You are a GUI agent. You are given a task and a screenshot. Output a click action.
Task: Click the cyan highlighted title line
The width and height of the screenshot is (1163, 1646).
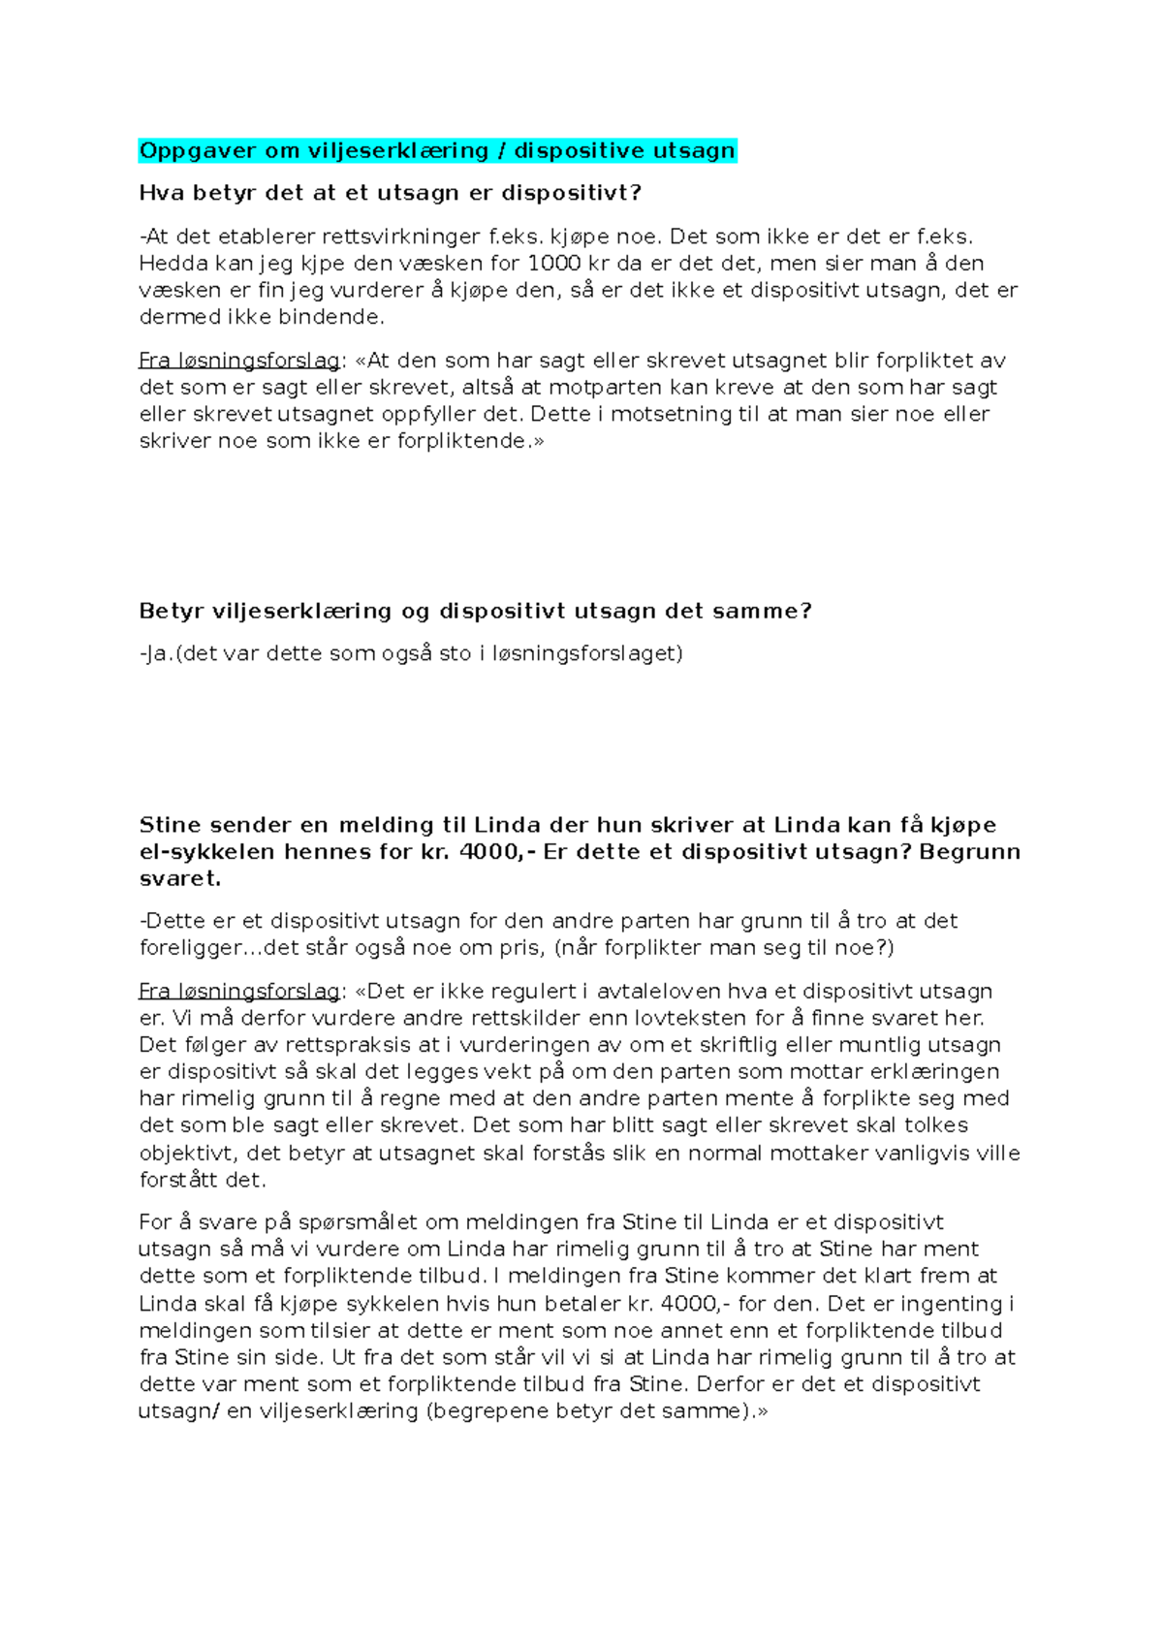[437, 151]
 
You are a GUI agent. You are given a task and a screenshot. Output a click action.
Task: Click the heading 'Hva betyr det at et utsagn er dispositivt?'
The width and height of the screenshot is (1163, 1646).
[390, 193]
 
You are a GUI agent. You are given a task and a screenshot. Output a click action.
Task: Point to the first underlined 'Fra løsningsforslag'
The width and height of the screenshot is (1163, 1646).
[238, 362]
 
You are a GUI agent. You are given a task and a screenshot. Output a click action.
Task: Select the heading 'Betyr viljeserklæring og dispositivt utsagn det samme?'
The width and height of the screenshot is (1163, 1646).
[475, 612]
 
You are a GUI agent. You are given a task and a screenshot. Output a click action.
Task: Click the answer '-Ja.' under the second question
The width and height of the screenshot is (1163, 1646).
[155, 654]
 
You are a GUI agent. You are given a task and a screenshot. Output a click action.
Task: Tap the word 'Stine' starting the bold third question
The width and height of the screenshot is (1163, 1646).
[170, 826]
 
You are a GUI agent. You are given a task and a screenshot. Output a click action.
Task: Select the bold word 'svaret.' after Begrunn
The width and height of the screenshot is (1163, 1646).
[180, 879]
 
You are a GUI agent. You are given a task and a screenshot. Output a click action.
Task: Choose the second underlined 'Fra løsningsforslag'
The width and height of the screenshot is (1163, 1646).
[238, 992]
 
